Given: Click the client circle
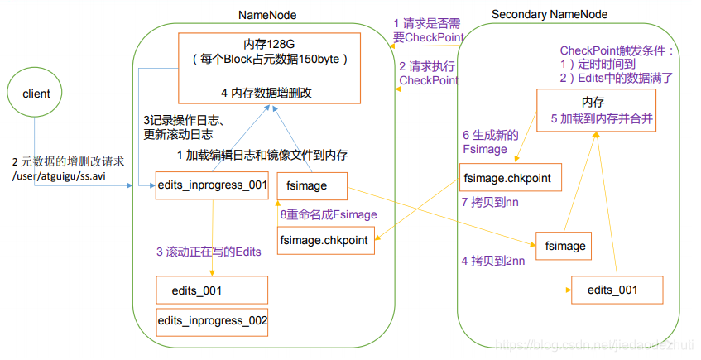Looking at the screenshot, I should point(36,94).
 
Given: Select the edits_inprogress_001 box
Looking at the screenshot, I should point(212,186).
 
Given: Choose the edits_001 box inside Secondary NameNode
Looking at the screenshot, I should point(617,290).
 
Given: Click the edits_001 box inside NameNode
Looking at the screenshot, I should point(212,290).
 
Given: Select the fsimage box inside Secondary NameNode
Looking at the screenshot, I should point(565,246).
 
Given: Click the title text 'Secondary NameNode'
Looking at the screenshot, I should point(549,15).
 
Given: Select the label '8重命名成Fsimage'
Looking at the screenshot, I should point(328,214).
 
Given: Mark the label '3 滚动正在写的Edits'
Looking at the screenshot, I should point(208,252).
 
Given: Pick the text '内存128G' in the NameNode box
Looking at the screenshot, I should point(270,44).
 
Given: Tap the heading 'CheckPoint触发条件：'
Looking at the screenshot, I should point(617,51).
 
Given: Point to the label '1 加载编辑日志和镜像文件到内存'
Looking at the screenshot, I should point(262,155).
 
